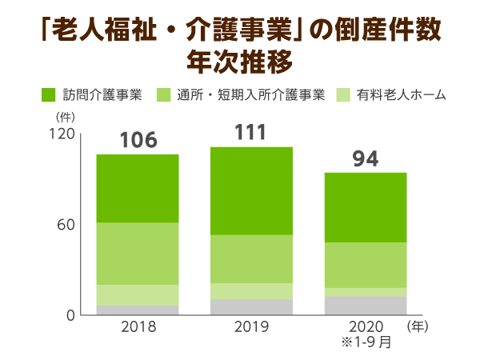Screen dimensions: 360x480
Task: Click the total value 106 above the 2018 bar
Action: coord(138,141)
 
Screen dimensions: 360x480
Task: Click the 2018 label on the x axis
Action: coord(138,327)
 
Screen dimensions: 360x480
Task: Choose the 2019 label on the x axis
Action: coord(250,327)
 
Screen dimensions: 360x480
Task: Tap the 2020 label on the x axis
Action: coord(366,327)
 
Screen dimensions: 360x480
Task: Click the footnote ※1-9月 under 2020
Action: coord(366,343)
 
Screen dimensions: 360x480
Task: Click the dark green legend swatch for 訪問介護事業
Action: coord(50,95)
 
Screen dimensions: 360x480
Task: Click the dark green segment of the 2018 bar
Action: coord(138,188)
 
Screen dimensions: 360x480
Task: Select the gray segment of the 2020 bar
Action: coord(366,306)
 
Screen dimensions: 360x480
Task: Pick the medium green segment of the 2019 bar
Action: coord(250,258)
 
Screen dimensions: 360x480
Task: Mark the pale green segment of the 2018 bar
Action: coord(138,294)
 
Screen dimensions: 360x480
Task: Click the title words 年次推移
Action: coord(239,60)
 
